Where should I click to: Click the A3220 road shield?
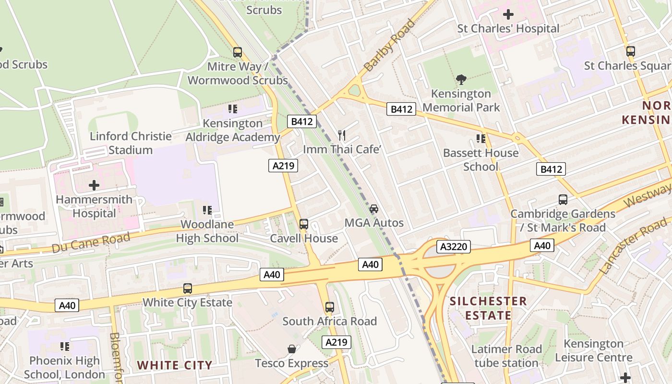coord(453,247)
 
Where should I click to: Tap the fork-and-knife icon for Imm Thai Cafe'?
coord(342,135)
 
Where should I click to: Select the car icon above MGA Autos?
coord(374,208)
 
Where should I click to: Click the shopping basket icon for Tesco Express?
coord(291,348)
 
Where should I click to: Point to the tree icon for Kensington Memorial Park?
coord(461,79)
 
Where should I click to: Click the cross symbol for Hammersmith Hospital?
coord(94,185)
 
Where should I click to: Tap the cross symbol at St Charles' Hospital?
coord(508,14)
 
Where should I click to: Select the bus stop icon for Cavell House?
coord(303,224)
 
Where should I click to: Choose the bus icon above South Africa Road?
coord(329,307)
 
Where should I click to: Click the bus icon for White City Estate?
coord(188,288)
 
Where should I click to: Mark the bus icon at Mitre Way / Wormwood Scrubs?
coord(237,52)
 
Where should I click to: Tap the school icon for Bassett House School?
coord(480,139)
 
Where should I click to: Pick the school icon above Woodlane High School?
coord(207,210)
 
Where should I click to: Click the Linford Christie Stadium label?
coord(131,143)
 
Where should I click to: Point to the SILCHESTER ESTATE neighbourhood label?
coord(488,308)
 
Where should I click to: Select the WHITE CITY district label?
coord(174,365)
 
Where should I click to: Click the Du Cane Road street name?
coord(91,242)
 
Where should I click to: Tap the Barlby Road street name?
coord(389,45)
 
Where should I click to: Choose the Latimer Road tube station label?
coord(506,356)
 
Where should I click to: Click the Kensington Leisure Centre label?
coord(593,350)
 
